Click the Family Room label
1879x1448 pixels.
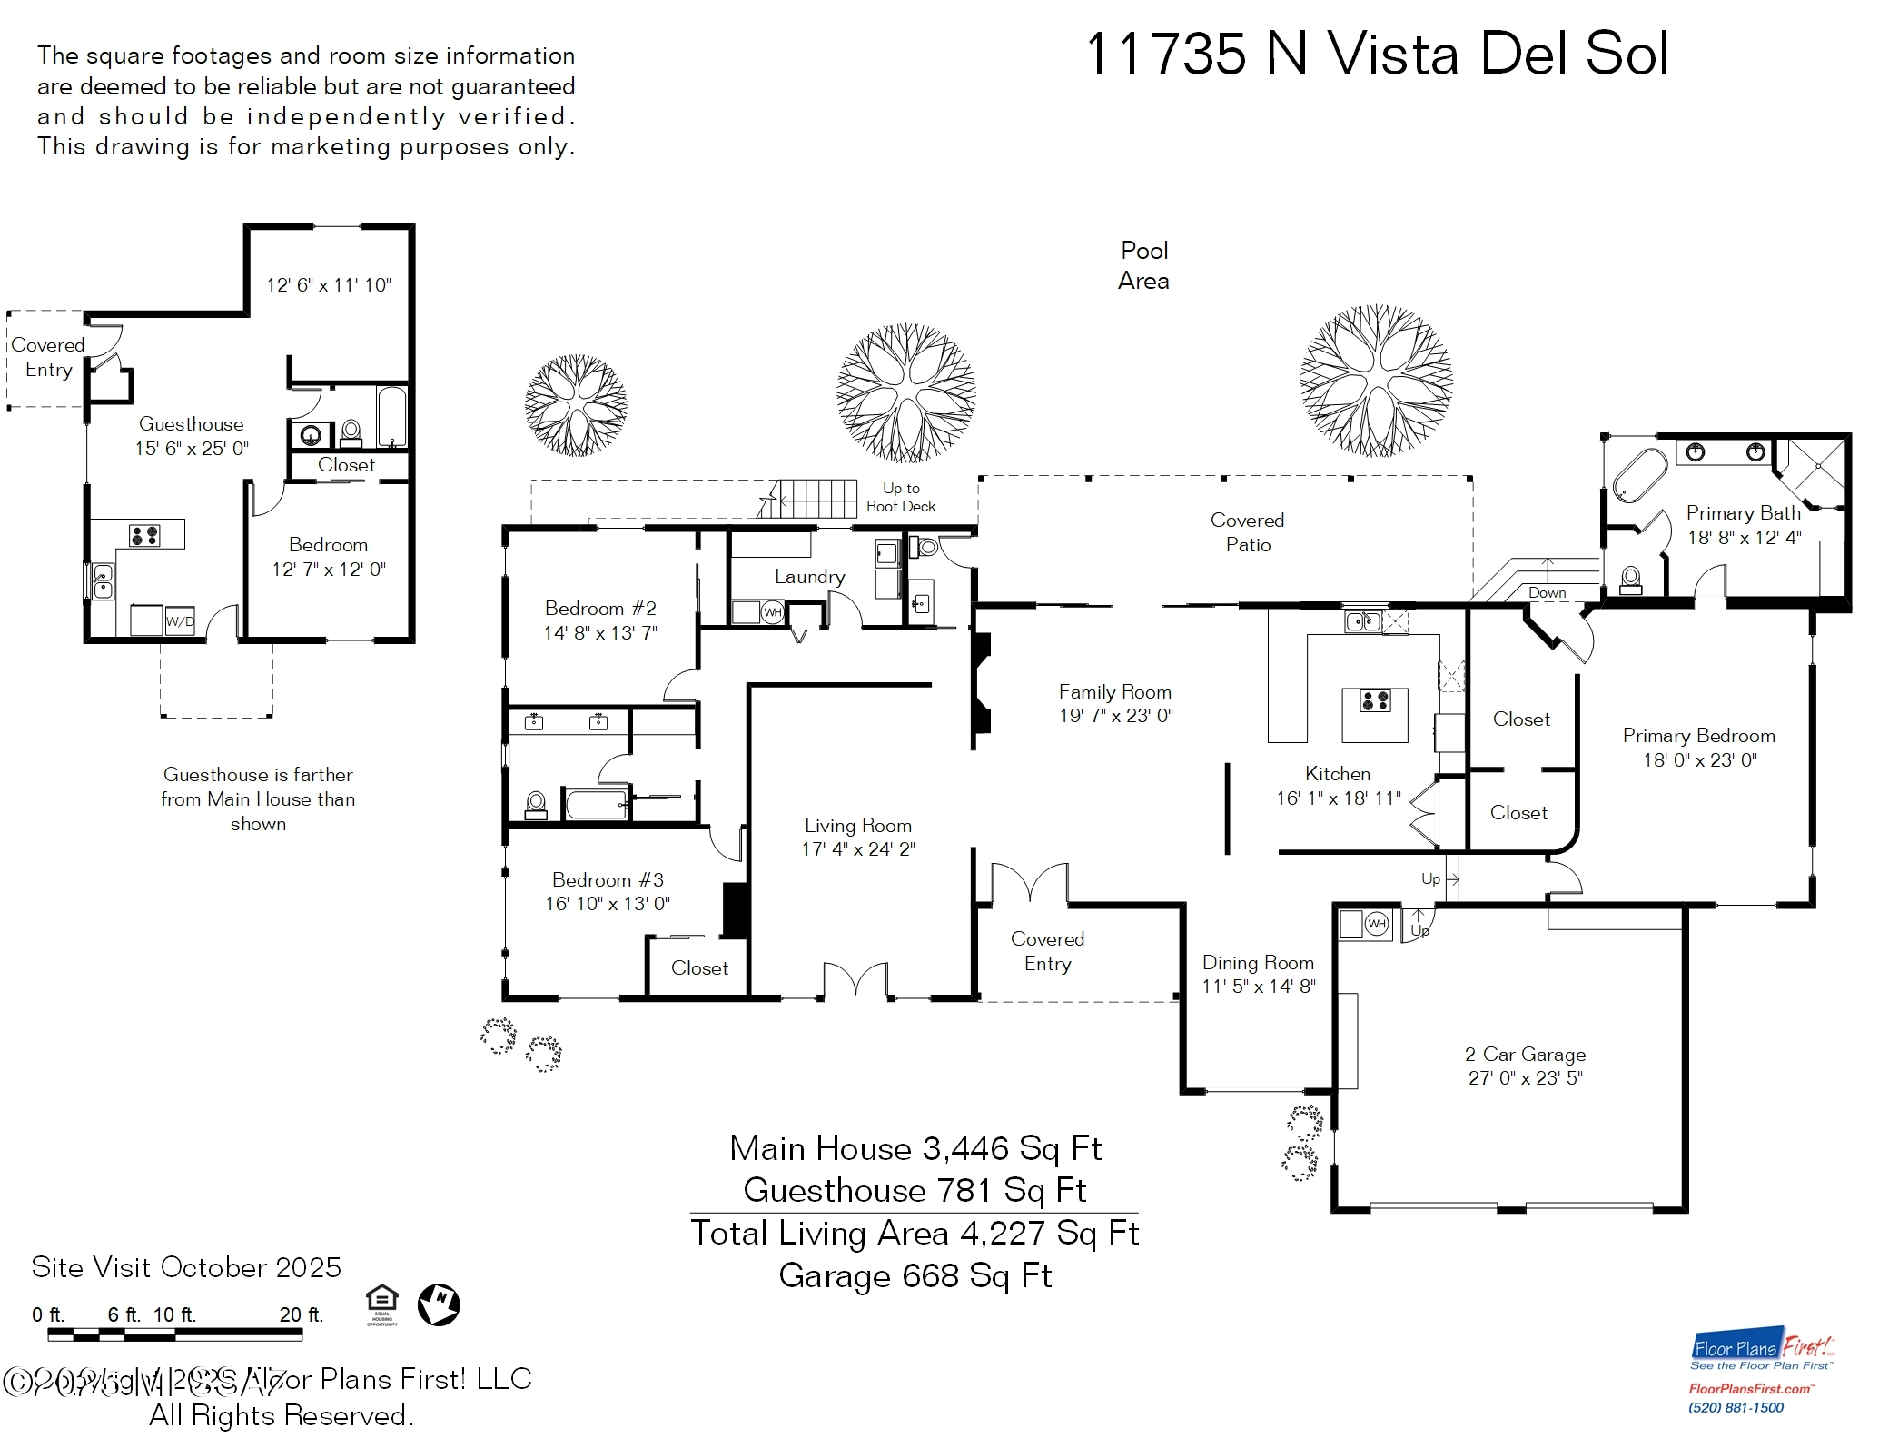[1114, 692]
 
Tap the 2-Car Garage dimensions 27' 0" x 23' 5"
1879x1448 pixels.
[1525, 1078]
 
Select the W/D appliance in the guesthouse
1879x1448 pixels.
[180, 621]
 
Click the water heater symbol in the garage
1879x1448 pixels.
[1377, 924]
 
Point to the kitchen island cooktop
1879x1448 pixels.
[1374, 700]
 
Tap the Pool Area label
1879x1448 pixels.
[1143, 265]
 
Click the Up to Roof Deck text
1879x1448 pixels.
[900, 498]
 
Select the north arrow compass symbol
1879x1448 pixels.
[439, 1305]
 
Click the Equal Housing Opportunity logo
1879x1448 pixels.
[381, 1304]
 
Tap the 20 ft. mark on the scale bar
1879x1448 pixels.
[301, 1314]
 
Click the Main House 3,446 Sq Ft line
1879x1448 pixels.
[915, 1149]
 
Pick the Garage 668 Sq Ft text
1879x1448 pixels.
[915, 1275]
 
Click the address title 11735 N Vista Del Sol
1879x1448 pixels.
[1376, 54]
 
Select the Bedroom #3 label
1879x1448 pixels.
[608, 879]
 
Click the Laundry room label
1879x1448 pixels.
[809, 577]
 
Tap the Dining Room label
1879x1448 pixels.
[1258, 963]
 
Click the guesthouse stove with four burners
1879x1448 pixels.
[144, 535]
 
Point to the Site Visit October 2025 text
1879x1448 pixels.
[186, 1267]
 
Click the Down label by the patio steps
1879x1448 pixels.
[1547, 592]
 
